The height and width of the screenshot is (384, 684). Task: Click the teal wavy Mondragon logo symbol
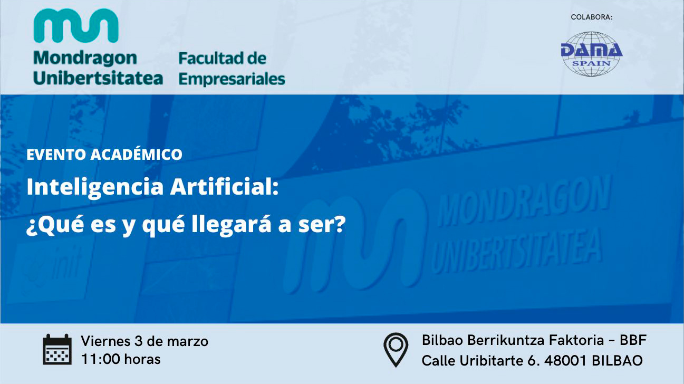pyautogui.click(x=76, y=25)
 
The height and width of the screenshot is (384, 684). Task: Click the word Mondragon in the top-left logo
pyautogui.click(x=85, y=59)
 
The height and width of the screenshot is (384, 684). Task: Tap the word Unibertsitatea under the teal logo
pyautogui.click(x=98, y=78)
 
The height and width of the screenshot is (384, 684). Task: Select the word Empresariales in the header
pyautogui.click(x=232, y=80)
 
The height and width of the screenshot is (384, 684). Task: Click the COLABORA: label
pyautogui.click(x=592, y=17)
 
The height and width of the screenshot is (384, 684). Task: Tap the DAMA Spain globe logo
pyautogui.click(x=592, y=54)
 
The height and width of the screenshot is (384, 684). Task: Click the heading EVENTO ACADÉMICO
pyautogui.click(x=104, y=155)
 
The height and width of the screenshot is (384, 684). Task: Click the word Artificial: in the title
pyautogui.click(x=225, y=186)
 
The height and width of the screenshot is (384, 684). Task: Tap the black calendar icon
pyautogui.click(x=57, y=350)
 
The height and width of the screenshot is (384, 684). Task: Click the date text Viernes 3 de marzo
pyautogui.click(x=144, y=341)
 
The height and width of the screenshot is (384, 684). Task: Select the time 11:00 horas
pyautogui.click(x=121, y=359)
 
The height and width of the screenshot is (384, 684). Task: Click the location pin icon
pyautogui.click(x=396, y=350)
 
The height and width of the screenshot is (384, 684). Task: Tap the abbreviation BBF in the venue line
pyautogui.click(x=633, y=340)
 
